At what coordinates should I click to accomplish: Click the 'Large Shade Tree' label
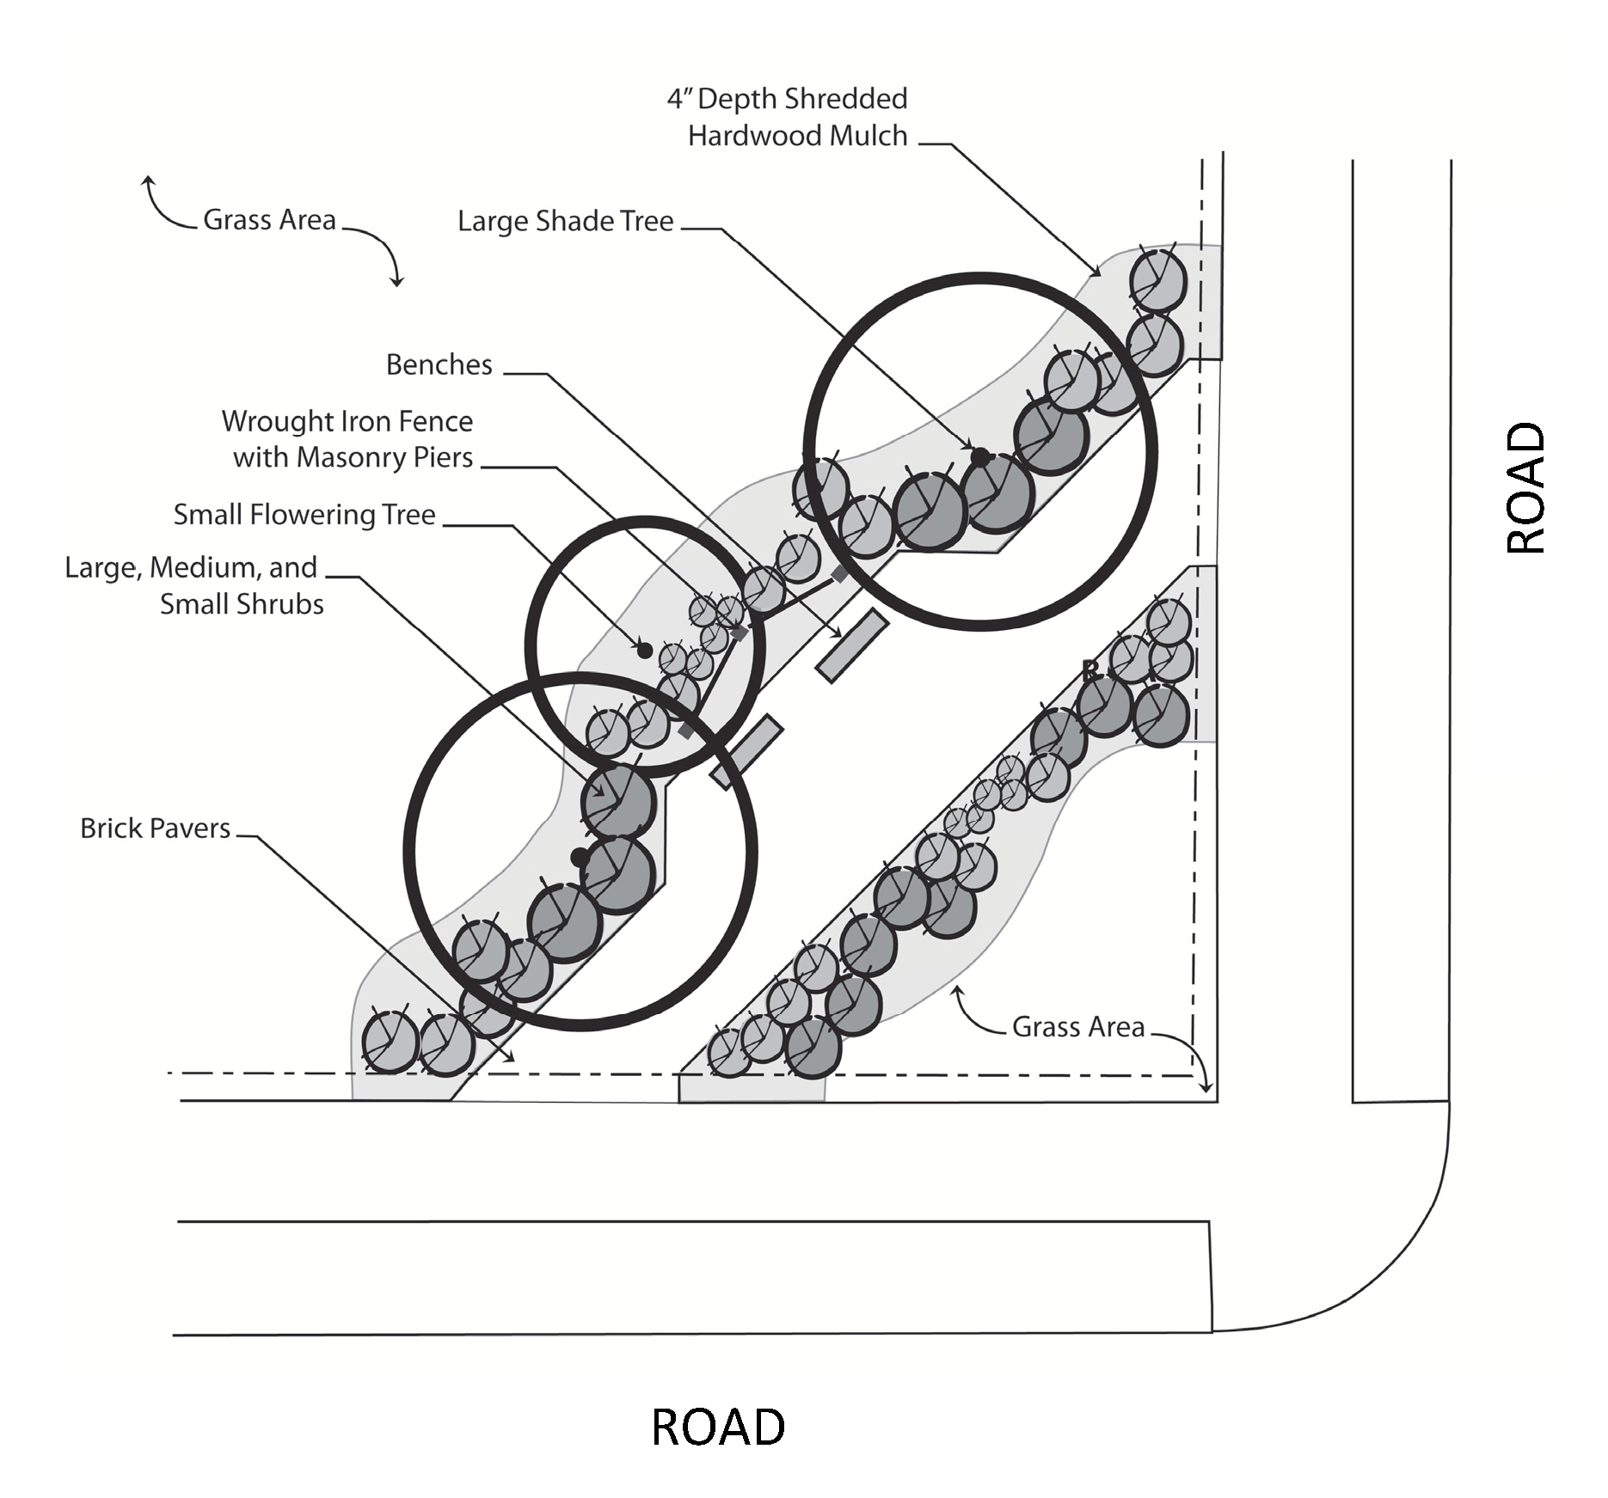(x=565, y=222)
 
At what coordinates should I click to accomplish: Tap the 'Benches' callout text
(x=439, y=364)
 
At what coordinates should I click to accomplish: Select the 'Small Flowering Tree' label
(x=304, y=515)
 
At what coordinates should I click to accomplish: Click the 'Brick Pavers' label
(x=155, y=828)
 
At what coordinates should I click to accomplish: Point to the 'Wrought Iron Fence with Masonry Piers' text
(x=347, y=439)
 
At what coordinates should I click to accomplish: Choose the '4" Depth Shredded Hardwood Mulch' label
(x=788, y=117)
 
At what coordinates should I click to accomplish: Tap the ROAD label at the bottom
(x=718, y=1427)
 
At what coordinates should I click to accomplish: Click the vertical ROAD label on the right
(x=1527, y=486)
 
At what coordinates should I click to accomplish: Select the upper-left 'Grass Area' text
(x=269, y=220)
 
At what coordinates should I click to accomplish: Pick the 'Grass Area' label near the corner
(x=1078, y=1027)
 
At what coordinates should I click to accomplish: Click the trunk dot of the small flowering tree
(x=644, y=650)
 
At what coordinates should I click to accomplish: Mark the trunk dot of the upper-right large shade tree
(x=979, y=457)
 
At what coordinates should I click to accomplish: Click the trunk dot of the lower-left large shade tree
(x=580, y=857)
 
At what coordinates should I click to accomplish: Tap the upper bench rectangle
(x=851, y=645)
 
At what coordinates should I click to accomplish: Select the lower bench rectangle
(x=746, y=752)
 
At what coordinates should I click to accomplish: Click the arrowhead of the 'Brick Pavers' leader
(x=511, y=1058)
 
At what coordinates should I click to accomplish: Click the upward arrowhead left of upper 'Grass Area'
(x=148, y=181)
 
